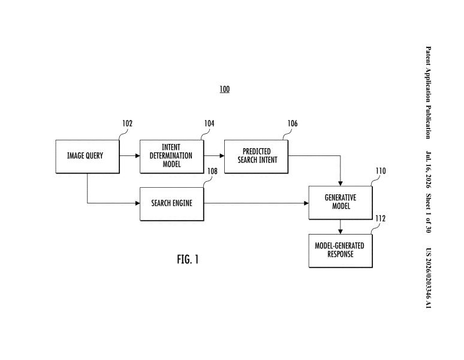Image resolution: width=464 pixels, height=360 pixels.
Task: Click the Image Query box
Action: [x=88, y=157]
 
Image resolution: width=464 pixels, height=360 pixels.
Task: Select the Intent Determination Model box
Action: [x=172, y=157]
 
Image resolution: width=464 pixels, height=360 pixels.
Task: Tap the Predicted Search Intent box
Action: [x=256, y=157]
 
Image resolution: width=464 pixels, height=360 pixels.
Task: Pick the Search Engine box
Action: [x=172, y=204]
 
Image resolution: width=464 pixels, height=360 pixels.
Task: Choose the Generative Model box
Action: [x=341, y=203]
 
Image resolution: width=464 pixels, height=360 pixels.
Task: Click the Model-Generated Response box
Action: [x=341, y=251]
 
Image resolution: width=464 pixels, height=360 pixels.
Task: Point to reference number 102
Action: [x=128, y=124]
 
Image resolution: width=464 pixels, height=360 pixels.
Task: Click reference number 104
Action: [x=209, y=124]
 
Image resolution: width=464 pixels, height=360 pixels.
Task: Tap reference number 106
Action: [x=293, y=124]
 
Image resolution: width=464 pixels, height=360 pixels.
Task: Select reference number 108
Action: [x=212, y=171]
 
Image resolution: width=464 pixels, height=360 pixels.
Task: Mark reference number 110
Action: [x=381, y=171]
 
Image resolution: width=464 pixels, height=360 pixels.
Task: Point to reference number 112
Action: [x=381, y=218]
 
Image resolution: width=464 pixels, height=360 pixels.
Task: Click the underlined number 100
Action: [x=225, y=89]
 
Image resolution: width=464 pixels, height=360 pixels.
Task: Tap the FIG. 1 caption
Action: [x=188, y=259]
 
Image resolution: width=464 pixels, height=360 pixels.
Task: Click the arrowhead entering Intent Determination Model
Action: [x=138, y=156]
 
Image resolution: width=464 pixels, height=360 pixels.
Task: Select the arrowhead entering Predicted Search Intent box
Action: [x=222, y=156]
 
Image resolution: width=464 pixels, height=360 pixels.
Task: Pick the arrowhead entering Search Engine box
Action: [x=138, y=203]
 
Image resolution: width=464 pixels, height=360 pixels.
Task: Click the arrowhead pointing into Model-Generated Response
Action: [x=341, y=232]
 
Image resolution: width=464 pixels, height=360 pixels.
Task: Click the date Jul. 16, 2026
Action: [x=428, y=170]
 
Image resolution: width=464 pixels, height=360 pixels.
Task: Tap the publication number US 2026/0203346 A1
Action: [x=428, y=278]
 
